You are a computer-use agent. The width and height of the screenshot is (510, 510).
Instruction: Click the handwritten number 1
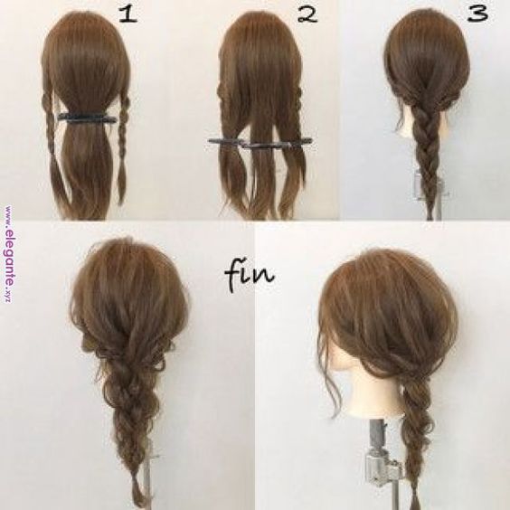(x=127, y=14)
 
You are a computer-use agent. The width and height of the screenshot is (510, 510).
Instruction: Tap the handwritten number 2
(x=307, y=14)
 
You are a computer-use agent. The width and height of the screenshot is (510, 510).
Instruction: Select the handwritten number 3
(x=477, y=14)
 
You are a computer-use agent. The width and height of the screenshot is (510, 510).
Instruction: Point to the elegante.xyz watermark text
(x=9, y=254)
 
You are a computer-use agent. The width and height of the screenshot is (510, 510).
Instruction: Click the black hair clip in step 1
(x=87, y=118)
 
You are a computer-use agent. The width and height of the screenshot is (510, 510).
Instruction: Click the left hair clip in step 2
(x=227, y=141)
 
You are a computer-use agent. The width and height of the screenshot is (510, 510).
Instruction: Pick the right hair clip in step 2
(x=278, y=144)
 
